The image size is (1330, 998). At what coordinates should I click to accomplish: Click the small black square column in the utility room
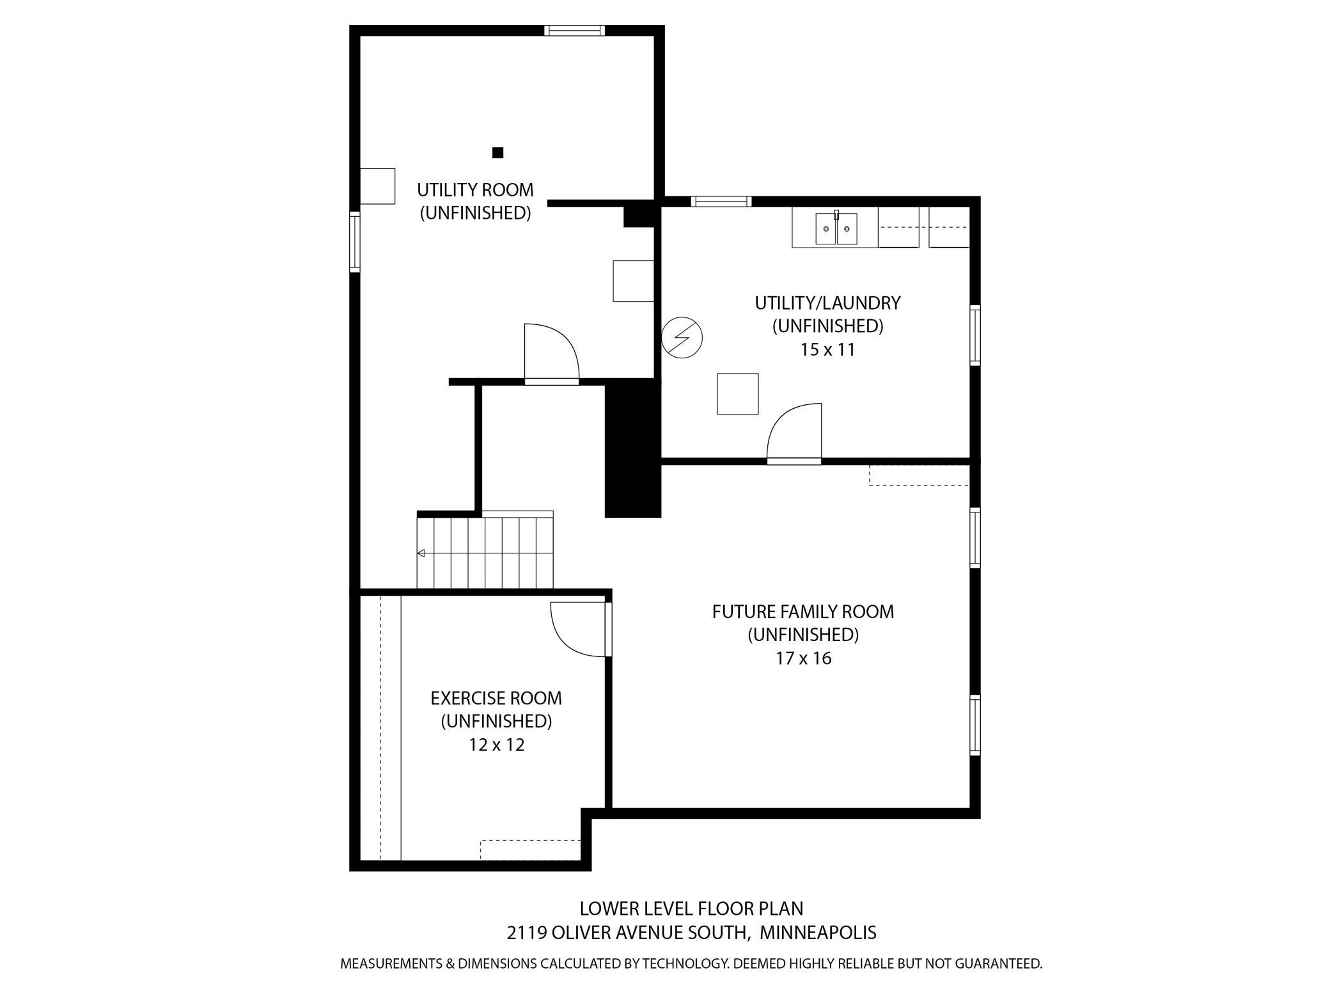click(x=497, y=152)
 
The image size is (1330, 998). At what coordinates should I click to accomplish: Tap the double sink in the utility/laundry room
click(x=836, y=228)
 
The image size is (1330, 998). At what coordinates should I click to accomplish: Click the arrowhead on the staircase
click(x=421, y=553)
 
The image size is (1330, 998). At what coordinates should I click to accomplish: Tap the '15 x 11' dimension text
click(x=827, y=350)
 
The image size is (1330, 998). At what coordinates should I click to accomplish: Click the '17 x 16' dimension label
click(x=804, y=658)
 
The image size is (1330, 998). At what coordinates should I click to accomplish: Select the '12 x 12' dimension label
click(x=497, y=745)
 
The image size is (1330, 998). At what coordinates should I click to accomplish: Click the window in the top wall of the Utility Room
click(x=574, y=30)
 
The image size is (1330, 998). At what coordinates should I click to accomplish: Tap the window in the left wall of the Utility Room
click(x=354, y=242)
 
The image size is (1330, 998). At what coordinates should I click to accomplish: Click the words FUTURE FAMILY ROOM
click(x=803, y=612)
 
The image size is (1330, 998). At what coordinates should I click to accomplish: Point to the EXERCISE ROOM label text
click(x=496, y=698)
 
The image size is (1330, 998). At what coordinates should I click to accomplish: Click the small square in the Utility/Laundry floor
click(x=737, y=394)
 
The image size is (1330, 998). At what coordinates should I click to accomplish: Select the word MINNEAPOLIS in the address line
click(x=818, y=933)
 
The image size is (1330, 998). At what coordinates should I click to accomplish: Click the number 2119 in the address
click(x=527, y=933)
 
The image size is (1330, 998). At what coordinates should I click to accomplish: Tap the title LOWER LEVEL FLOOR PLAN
click(x=691, y=908)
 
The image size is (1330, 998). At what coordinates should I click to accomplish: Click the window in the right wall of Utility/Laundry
click(x=975, y=335)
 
